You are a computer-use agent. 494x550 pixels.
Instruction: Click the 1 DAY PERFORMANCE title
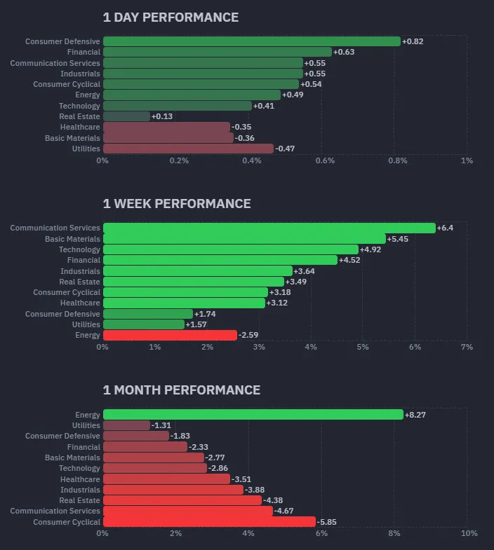[x=171, y=18]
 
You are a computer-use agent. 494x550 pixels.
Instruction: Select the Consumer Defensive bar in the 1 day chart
[x=251, y=41]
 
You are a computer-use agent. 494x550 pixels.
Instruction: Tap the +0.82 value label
[x=413, y=41]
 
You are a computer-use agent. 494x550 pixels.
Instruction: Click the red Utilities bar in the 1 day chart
[x=188, y=149]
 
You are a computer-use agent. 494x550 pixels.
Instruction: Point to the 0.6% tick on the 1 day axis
[x=325, y=160]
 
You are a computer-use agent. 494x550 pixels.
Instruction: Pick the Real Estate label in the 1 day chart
[x=79, y=116]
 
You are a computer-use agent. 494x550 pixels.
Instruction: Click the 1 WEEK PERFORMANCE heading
[x=177, y=204]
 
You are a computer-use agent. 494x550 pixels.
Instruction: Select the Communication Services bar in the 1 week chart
[x=269, y=228]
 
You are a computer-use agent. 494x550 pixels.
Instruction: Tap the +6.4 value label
[x=445, y=228]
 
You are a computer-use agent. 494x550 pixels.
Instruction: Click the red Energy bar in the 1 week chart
[x=170, y=335]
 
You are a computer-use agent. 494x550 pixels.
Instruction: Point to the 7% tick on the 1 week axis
[x=467, y=347]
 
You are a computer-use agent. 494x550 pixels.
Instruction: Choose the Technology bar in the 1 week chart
[x=230, y=249]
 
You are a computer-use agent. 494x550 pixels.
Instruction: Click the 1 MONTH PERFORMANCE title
[x=181, y=390]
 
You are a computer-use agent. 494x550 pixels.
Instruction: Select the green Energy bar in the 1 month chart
[x=253, y=415]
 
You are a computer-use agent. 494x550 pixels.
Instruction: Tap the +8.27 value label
[x=415, y=415]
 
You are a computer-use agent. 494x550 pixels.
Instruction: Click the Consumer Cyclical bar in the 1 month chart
[x=209, y=522]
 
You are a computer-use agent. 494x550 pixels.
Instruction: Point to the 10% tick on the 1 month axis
[x=469, y=533]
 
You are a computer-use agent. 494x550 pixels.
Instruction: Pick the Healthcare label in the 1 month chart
[x=80, y=479]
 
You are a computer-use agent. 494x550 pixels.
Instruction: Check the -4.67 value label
[x=285, y=511]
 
